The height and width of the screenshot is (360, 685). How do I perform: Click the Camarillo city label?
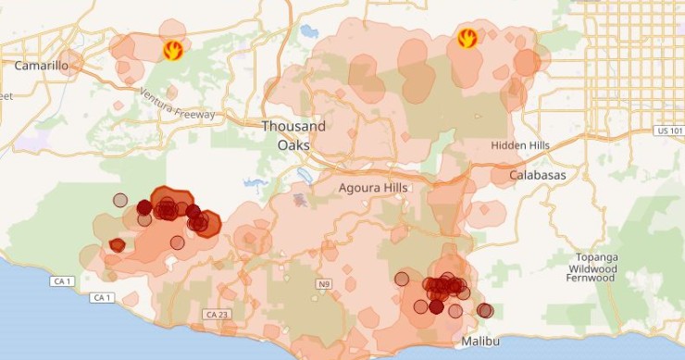coord(44,66)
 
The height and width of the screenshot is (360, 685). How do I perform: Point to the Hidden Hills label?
coord(520,145)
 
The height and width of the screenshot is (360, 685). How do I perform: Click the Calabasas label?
coord(538,174)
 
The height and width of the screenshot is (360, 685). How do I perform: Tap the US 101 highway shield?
coord(668,130)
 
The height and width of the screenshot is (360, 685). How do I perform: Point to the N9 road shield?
coord(323,283)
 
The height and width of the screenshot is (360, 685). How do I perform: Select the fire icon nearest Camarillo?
coord(171,50)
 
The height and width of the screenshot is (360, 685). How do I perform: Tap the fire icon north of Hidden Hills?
coord(467,39)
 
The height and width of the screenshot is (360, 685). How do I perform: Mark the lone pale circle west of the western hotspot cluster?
coord(119,199)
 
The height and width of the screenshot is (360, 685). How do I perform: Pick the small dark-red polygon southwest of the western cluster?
coord(117,245)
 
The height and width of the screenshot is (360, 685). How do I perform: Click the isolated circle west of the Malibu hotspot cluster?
coord(402,278)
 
